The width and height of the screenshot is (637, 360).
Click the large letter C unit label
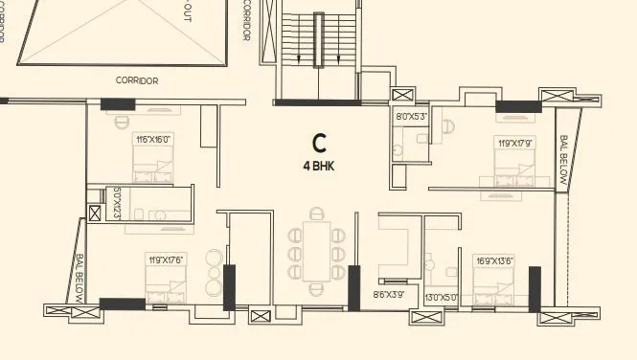tap(320, 144)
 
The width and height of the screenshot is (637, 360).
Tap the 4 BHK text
tap(320, 165)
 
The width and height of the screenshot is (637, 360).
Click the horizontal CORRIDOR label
tap(137, 81)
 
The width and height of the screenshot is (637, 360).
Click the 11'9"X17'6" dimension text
tap(165, 259)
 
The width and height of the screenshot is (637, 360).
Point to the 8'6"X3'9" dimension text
tap(388, 296)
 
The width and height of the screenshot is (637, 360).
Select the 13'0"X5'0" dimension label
tap(442, 296)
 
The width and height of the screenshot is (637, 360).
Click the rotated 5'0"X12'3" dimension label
tap(116, 203)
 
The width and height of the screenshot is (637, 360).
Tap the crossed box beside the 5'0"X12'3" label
tap(95, 214)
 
